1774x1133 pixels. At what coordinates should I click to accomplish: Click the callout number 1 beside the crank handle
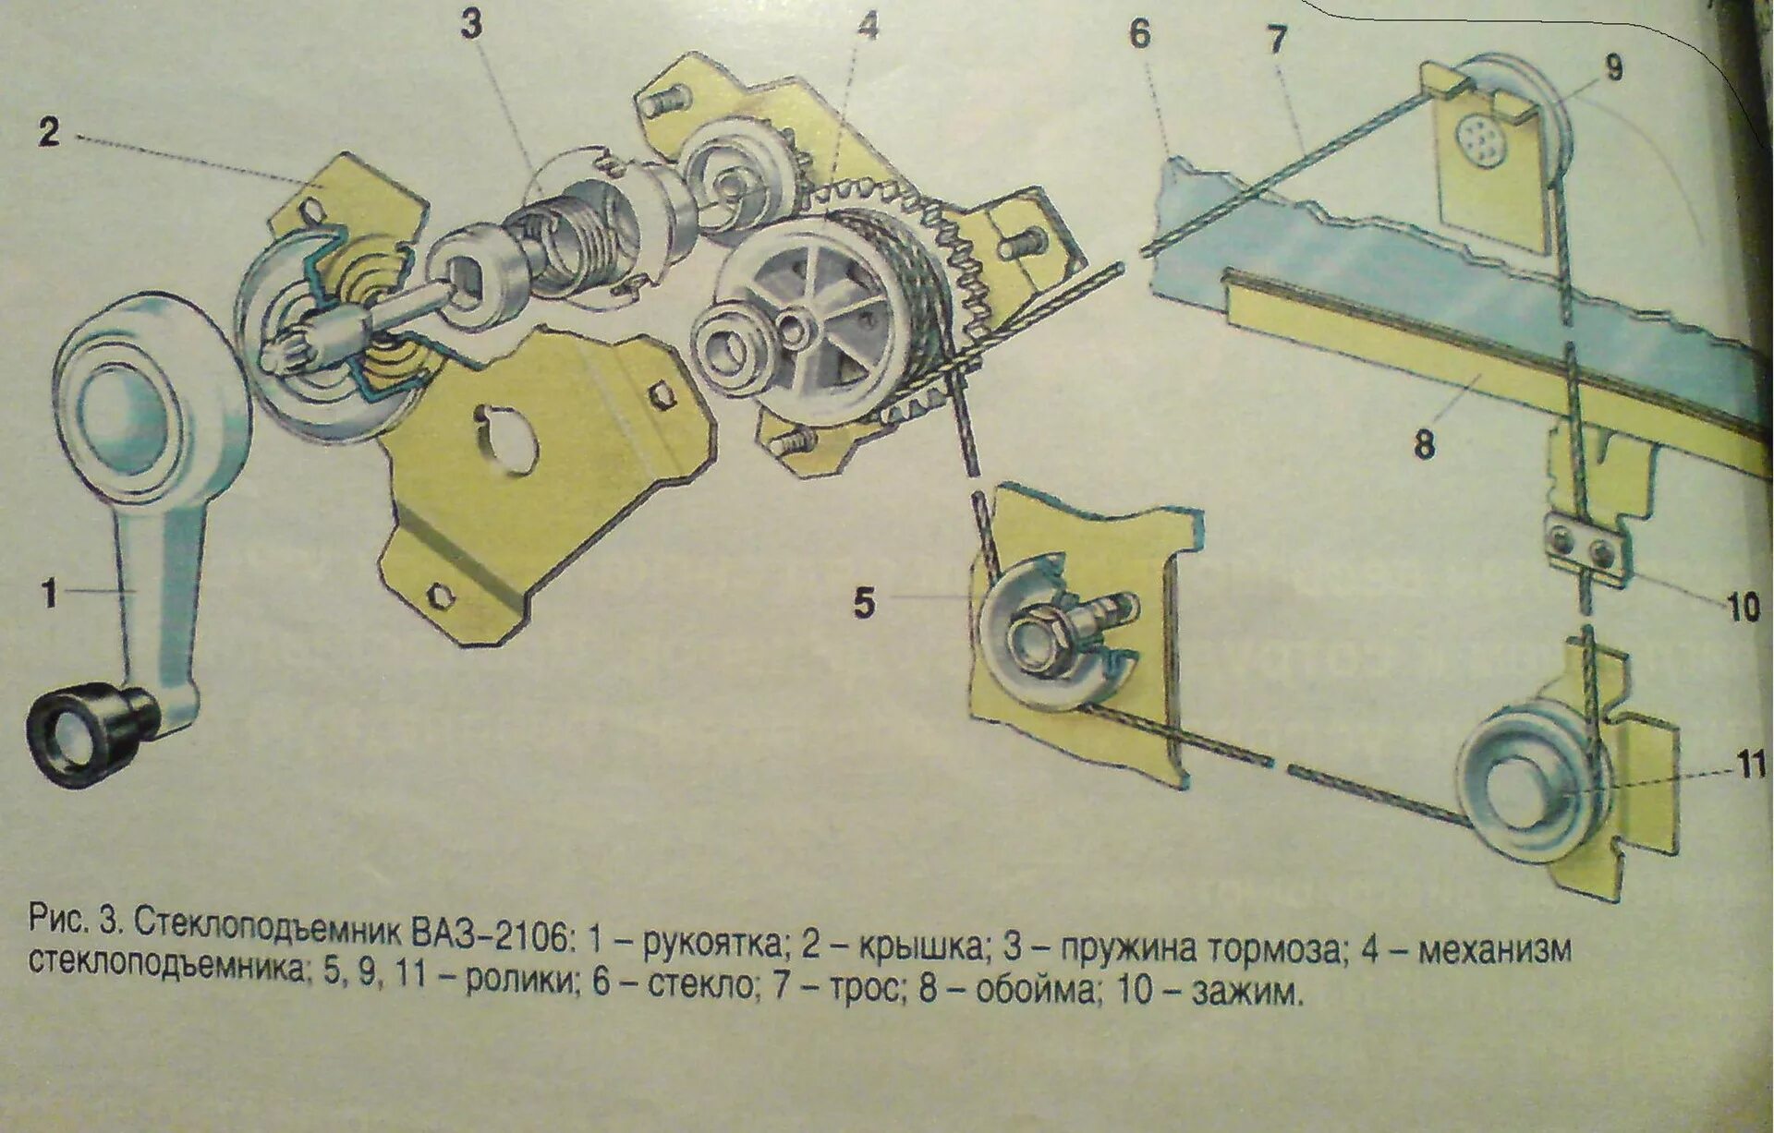tap(49, 593)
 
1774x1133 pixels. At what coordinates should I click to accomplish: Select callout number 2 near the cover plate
tap(49, 132)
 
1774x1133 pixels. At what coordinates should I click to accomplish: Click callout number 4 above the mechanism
tap(866, 28)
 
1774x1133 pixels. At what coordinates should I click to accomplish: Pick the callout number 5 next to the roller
tap(863, 604)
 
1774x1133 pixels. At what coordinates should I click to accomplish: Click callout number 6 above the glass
tap(1139, 34)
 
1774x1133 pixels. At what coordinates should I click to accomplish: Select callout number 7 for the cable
tap(1277, 41)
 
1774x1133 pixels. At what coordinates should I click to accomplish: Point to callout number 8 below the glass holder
tap(1424, 445)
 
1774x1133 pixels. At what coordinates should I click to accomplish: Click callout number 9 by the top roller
tap(1613, 68)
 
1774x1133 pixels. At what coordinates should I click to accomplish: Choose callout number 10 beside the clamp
tap(1743, 609)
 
